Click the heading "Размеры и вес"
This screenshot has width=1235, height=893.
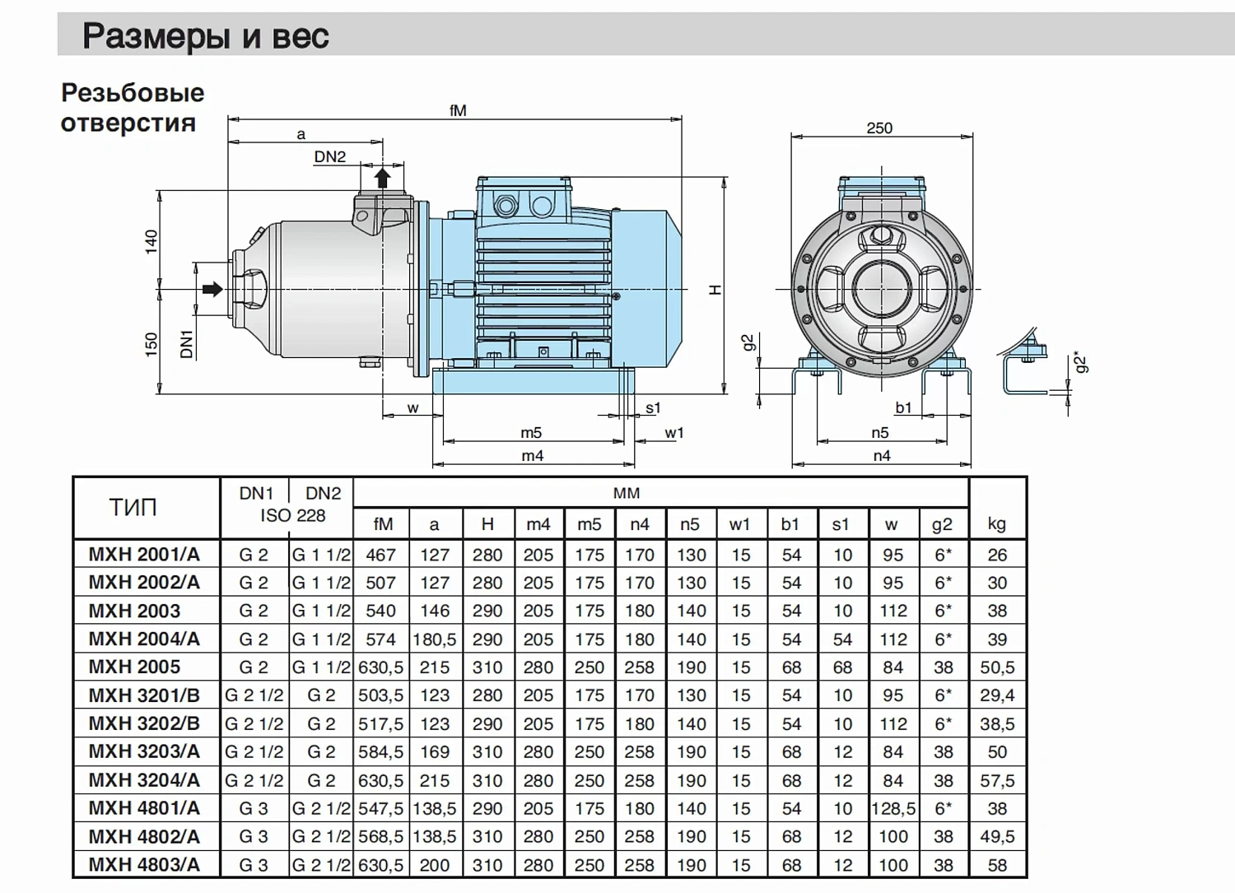(x=206, y=36)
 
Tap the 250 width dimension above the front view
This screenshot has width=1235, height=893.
(x=879, y=128)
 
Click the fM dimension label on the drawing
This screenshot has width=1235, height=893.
(x=458, y=111)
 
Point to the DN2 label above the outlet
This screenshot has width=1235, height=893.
(x=329, y=156)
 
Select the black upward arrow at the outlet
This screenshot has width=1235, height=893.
(x=382, y=178)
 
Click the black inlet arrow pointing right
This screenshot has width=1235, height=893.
(x=212, y=289)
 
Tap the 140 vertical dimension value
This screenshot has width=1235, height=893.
(x=151, y=242)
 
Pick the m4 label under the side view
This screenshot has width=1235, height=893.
(x=533, y=456)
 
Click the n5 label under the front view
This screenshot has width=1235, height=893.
(x=880, y=433)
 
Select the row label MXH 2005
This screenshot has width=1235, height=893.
(x=134, y=667)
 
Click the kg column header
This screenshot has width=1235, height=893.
(x=997, y=523)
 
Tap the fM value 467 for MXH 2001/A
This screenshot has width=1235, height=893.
(x=381, y=555)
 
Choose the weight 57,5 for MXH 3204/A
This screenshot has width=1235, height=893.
(x=997, y=780)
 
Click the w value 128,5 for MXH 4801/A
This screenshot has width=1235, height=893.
(x=893, y=808)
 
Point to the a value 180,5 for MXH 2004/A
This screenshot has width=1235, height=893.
(x=435, y=639)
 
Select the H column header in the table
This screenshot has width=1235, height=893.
(x=487, y=523)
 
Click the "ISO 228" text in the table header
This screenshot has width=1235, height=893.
(x=293, y=515)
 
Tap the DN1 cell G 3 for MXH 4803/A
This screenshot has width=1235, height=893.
(x=254, y=865)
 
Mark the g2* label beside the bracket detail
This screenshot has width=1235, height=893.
(x=1083, y=361)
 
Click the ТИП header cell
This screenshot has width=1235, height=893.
(x=133, y=507)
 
